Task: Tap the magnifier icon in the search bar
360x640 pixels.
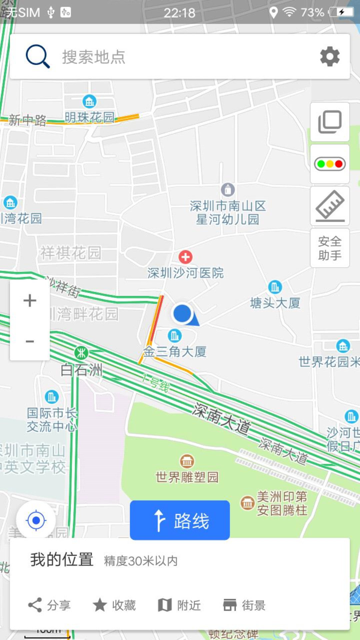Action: pos(38,56)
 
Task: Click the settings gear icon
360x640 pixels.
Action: pos(330,56)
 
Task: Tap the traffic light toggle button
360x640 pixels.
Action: pos(330,164)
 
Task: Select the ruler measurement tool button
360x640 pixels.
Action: pos(330,206)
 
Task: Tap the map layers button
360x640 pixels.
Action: pos(330,122)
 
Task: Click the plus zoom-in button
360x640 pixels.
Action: pos(30,300)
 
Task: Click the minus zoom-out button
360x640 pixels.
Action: pos(30,341)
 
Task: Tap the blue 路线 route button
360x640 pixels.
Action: pos(180,520)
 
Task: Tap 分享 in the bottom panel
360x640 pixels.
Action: pos(49,605)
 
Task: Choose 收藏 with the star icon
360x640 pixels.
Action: pos(114,605)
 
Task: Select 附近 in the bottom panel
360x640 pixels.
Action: pos(179,605)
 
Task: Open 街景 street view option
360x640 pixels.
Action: pos(244,605)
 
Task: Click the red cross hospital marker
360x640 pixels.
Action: pos(185,257)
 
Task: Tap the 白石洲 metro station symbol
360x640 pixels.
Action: pos(81,353)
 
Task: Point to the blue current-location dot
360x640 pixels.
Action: pos(182,314)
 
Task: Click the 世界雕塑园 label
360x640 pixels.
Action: pos(187,477)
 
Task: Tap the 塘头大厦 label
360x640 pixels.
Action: pos(275,303)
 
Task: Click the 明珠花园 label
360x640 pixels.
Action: pos(89,117)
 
